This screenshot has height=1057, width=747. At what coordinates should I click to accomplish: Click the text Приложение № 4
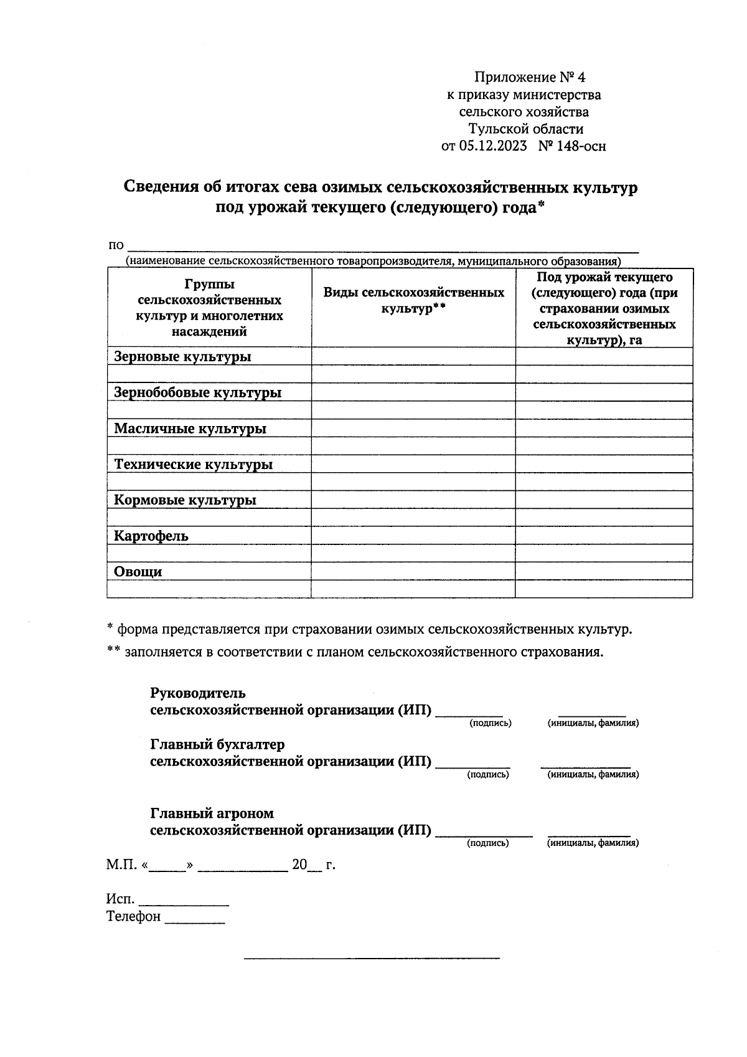pyautogui.click(x=530, y=78)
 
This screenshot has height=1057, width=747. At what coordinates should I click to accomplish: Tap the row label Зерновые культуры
pyautogui.click(x=182, y=357)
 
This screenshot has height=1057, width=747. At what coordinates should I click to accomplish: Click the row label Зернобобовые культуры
pyautogui.click(x=197, y=393)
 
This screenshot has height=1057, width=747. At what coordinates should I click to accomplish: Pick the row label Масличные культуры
pyautogui.click(x=190, y=429)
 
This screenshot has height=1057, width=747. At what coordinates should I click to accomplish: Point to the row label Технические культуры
pyautogui.click(x=193, y=465)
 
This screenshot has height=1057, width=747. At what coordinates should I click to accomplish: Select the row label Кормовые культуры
pyautogui.click(x=185, y=501)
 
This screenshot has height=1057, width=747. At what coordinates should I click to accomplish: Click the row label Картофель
pyautogui.click(x=151, y=536)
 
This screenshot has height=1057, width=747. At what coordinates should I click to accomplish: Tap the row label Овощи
pyautogui.click(x=138, y=572)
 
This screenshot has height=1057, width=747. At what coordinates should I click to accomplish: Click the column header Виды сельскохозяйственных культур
pyautogui.click(x=413, y=301)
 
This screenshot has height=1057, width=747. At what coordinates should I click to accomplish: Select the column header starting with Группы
pyautogui.click(x=209, y=308)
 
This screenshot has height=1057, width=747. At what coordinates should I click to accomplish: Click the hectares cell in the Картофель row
pyautogui.click(x=603, y=536)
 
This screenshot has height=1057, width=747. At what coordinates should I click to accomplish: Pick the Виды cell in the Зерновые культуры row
pyautogui.click(x=413, y=356)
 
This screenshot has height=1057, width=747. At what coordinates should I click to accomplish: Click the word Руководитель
pyautogui.click(x=198, y=693)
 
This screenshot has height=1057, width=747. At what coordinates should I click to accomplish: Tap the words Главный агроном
pyautogui.click(x=212, y=813)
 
